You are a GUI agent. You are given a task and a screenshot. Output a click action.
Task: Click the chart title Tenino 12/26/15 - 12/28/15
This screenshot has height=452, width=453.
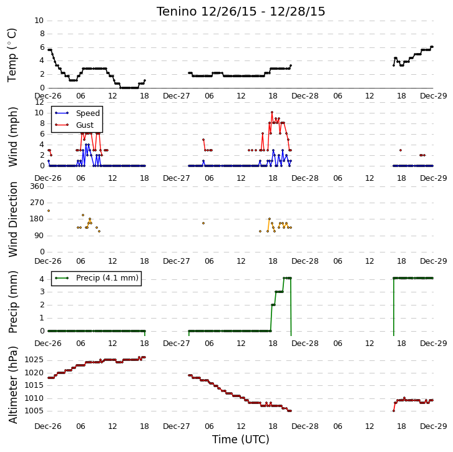pos(241,12)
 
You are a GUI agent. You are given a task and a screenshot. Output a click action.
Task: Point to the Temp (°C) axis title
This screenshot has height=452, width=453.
pos(12,55)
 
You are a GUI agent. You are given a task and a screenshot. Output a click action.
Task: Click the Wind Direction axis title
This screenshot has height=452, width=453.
pos(12,219)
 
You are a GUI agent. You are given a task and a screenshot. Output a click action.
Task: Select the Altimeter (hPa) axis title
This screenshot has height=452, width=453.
pos(12,385)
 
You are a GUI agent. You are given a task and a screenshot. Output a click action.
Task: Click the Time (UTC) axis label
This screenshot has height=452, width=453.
pos(241,440)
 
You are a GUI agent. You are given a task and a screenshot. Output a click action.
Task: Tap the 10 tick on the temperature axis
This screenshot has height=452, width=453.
pos(39,21)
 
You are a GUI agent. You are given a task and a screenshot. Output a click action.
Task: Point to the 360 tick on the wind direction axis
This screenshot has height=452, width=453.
pos(37,186)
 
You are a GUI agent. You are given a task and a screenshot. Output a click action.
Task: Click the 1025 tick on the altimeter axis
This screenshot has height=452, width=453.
pos(34,360)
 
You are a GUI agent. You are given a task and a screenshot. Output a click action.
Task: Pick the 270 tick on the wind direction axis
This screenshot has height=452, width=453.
pos(37,203)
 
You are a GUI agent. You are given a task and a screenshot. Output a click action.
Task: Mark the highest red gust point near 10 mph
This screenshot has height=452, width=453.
pos(272,112)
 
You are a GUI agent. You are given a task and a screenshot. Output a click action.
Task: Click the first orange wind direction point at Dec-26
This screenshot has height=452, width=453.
pos(49,211)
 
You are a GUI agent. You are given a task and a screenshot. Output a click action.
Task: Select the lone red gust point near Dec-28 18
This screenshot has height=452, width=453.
pos(401,150)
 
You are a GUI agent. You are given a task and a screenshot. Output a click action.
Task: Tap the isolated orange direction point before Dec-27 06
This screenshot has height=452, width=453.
pos(203,223)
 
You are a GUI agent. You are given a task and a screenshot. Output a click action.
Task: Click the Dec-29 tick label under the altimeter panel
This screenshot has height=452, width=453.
pos(434,426)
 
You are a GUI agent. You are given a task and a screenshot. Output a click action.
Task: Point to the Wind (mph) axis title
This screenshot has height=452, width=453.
pos(12,137)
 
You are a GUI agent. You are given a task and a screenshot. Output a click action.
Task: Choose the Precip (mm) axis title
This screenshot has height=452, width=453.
pos(12,302)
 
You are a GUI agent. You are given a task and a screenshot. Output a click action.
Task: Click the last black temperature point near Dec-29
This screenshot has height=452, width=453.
pos(432,47)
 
